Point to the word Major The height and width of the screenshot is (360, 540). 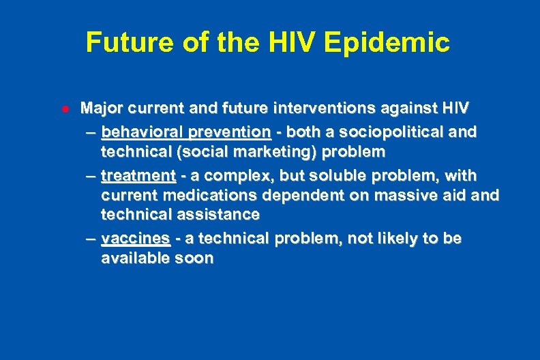101,108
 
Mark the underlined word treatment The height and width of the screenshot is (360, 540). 138,175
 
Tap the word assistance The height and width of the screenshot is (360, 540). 220,215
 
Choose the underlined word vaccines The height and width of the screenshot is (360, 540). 135,239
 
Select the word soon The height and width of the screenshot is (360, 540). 194,258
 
